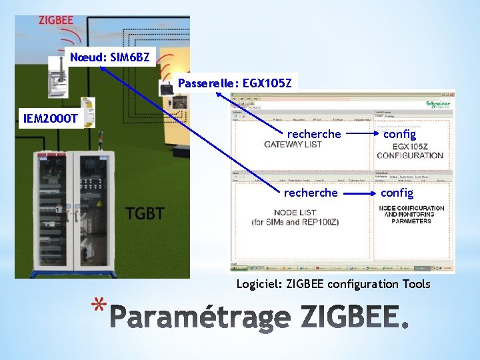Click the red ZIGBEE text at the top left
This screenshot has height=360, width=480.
pyautogui.click(x=55, y=20)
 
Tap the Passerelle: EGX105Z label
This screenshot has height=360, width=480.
pyautogui.click(x=235, y=83)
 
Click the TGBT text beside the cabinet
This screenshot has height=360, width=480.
pyautogui.click(x=145, y=214)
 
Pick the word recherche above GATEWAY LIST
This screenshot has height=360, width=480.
pyautogui.click(x=314, y=134)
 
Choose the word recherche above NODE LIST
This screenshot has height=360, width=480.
pyautogui.click(x=311, y=193)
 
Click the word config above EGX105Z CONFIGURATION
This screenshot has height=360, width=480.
pyautogui.click(x=399, y=134)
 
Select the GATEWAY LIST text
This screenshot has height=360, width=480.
pyautogui.click(x=293, y=145)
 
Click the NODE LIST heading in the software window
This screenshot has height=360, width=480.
pyautogui.click(x=294, y=213)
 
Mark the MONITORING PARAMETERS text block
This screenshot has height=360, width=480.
pyautogui.click(x=411, y=214)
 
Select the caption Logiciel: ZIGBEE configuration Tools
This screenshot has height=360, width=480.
pyautogui.click(x=333, y=285)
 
